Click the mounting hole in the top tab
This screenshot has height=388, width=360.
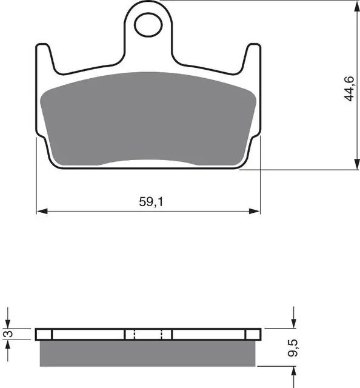click(x=148, y=25)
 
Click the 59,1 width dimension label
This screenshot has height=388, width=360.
click(x=151, y=202)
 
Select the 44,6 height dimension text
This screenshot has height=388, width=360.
click(x=349, y=89)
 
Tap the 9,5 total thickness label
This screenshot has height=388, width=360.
click(x=293, y=348)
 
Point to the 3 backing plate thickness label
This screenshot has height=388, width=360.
click(x=8, y=334)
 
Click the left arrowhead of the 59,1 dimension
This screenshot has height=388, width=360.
click(x=42, y=212)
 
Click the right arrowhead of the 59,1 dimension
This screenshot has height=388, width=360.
click(x=255, y=212)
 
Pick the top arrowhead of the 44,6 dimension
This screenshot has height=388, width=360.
click(x=356, y=7)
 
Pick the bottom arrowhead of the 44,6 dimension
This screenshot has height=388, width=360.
click(x=356, y=164)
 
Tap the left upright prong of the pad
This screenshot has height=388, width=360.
click(x=44, y=57)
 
